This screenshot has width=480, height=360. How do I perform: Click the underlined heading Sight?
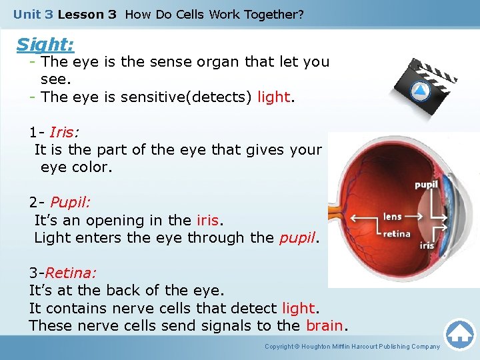[45, 45]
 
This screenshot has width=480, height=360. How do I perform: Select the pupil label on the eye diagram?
[426, 185]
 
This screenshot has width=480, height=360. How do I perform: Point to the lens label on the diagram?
[393, 217]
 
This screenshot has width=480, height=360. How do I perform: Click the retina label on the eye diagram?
[396, 233]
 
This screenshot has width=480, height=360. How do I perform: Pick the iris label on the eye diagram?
[427, 245]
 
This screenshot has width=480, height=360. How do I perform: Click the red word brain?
[325, 325]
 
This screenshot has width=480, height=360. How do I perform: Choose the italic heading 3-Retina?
[63, 273]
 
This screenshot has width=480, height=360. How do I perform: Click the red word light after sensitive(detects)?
[273, 97]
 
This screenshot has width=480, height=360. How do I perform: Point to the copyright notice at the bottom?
[352, 347]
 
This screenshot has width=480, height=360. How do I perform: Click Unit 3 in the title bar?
[33, 14]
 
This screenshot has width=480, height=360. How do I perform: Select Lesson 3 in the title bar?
[87, 14]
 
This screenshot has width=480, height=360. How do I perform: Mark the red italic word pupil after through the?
[296, 237]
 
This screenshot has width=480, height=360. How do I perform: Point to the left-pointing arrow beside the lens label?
[363, 218]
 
